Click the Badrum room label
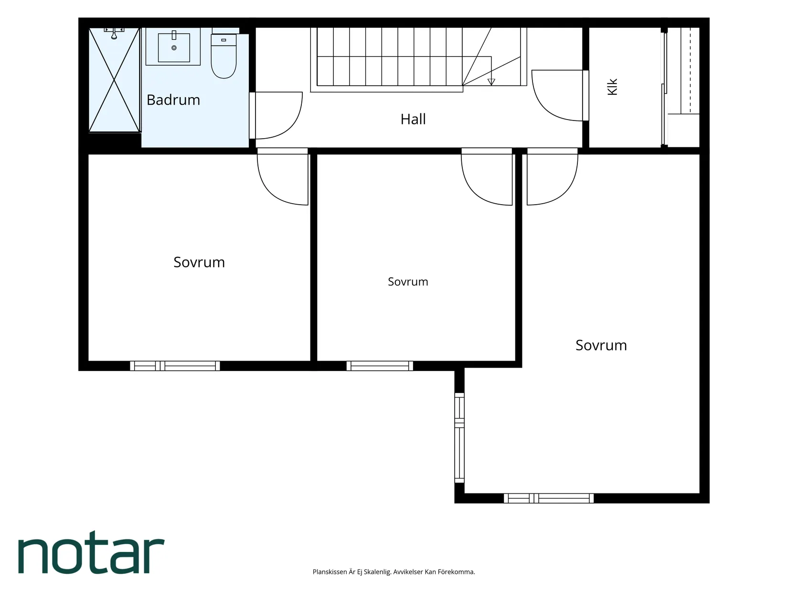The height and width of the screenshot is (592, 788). [x=173, y=100]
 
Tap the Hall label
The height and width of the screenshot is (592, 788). [x=413, y=120]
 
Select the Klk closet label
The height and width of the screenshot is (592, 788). [x=612, y=87]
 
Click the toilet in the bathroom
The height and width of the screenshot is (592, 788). [x=224, y=56]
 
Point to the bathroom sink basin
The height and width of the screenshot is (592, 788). [x=174, y=47]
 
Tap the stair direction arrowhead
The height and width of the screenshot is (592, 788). [x=491, y=82]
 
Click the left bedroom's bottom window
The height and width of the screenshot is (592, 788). [x=175, y=366]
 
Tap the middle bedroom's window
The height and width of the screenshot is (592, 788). [x=380, y=366]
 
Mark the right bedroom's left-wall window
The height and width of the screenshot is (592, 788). [x=459, y=438]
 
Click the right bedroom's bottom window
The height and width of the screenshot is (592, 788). [x=549, y=498]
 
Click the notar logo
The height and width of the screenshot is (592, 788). [x=91, y=552]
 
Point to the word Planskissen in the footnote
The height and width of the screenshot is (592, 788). [x=330, y=571]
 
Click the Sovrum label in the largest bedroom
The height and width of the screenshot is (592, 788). [x=601, y=345]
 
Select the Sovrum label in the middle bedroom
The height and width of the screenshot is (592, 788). [x=408, y=282]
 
